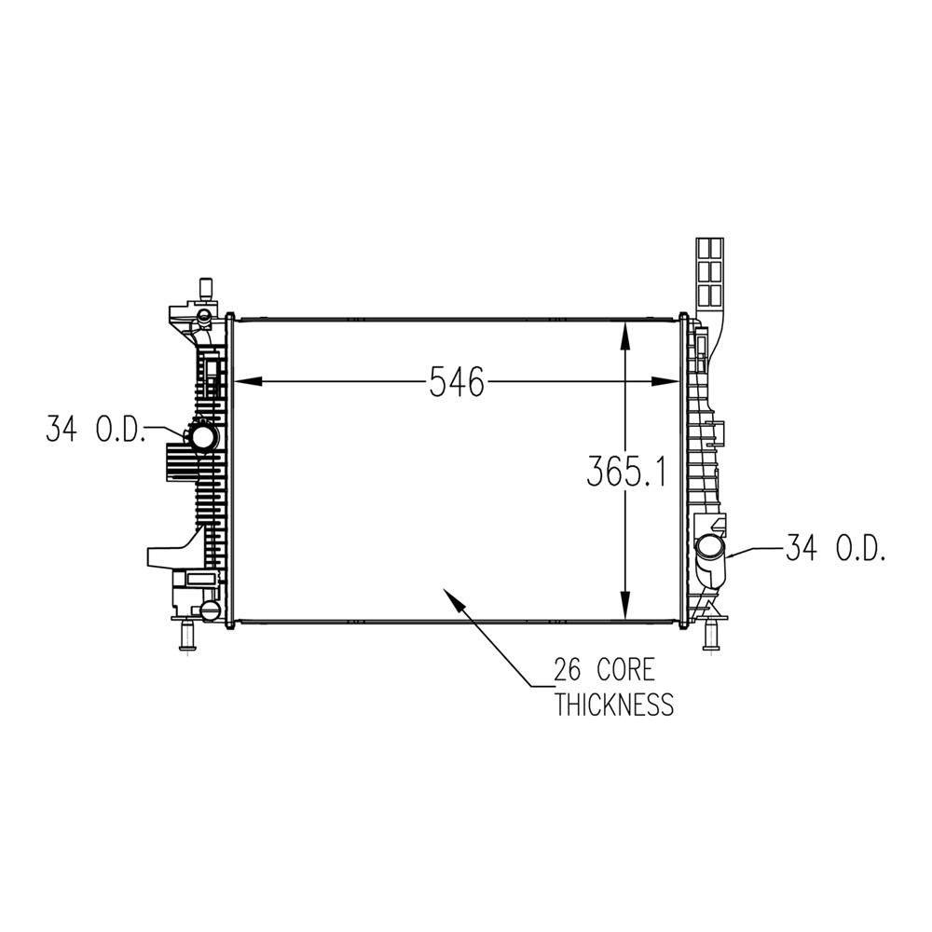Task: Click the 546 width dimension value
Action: [x=457, y=381]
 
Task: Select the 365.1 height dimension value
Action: [x=624, y=472]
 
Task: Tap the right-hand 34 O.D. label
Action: [x=834, y=549]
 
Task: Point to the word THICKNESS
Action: [x=613, y=705]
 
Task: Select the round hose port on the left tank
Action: [x=203, y=436]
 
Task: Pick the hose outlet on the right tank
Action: [x=709, y=549]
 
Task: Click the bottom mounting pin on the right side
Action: [x=710, y=636]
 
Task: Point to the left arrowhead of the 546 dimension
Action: [x=239, y=381]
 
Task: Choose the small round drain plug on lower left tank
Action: [x=210, y=610]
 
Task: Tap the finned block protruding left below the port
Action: [x=179, y=461]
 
